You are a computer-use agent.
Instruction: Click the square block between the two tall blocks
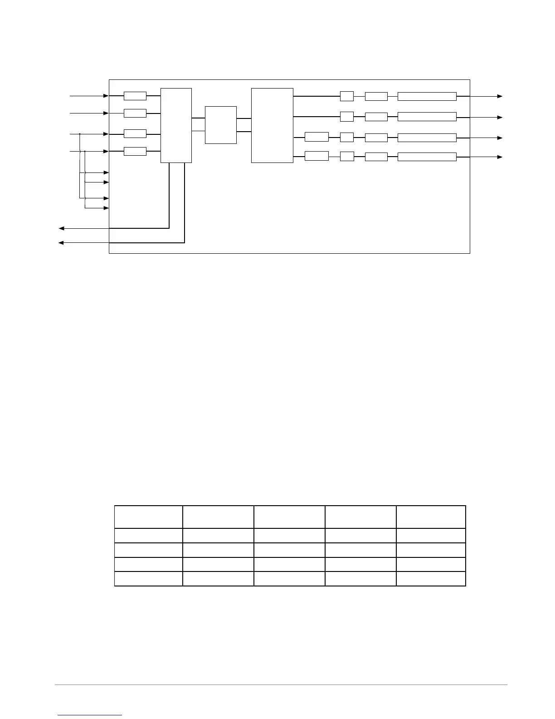click(221, 125)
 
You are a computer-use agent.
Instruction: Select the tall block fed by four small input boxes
click(176, 125)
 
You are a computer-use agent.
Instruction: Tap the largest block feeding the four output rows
click(272, 125)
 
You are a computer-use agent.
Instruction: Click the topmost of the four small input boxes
click(135, 96)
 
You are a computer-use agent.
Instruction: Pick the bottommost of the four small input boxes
click(135, 151)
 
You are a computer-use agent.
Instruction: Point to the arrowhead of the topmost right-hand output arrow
click(500, 96)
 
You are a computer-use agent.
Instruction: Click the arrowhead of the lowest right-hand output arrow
click(500, 157)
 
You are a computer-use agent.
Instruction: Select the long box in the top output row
click(427, 96)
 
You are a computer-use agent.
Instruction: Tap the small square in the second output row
click(347, 117)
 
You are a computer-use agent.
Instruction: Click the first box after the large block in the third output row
click(316, 137)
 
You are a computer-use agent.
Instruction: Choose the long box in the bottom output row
click(427, 157)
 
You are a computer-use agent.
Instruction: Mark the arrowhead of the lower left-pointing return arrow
click(61, 243)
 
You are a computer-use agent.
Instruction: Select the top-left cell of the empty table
click(149, 517)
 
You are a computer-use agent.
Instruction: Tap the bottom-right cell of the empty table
click(431, 579)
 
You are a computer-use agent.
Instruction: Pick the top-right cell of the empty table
click(431, 517)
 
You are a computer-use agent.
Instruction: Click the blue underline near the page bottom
click(90, 715)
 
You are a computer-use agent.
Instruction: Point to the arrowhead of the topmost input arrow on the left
click(107, 96)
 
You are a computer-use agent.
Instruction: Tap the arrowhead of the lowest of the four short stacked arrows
click(107, 208)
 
